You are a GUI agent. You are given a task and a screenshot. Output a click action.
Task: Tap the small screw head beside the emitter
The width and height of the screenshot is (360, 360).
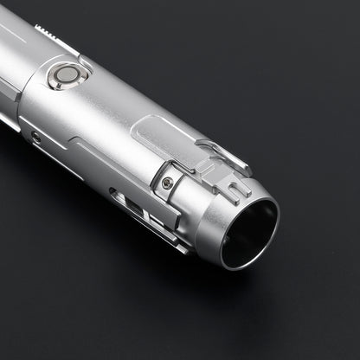coord(167,182)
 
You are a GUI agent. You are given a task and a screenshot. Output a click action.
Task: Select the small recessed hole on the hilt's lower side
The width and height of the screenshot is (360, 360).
coord(35,137)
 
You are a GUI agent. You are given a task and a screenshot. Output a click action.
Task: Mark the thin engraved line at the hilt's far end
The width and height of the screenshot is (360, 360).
coord(10,35)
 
